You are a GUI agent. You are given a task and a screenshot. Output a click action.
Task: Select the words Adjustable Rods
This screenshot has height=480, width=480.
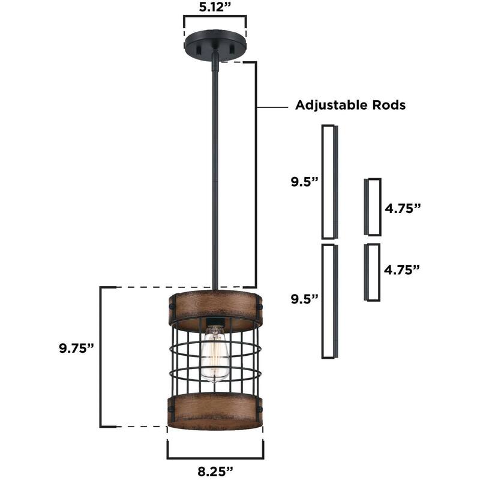pos(350,105)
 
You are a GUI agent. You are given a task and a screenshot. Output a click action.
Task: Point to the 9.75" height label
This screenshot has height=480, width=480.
pos(77,349)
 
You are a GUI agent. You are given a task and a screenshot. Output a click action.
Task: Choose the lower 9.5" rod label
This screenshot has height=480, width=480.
pos(303,298)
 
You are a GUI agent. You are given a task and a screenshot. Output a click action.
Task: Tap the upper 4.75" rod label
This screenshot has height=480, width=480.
pos(403,208)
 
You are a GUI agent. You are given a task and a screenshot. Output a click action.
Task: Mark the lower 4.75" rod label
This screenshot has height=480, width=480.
pos(403,269)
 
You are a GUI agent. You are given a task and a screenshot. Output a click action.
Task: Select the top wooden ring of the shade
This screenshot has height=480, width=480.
pos(215,310)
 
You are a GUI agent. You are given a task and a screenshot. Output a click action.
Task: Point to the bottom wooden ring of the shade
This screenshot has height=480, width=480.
pos(215,413)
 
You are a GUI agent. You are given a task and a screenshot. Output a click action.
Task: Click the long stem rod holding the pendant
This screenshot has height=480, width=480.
pos(214,180)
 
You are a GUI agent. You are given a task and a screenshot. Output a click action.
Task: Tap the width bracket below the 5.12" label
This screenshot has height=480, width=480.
pos(215,25)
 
